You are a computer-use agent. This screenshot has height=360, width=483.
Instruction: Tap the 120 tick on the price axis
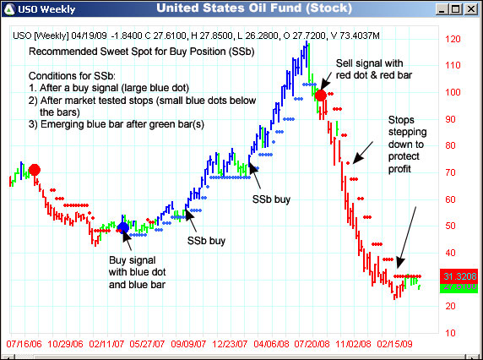453,40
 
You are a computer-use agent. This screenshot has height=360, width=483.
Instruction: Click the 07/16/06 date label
25,346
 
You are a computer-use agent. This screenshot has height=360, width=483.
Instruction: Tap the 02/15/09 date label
395,346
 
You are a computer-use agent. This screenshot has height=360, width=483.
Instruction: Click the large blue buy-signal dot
123,227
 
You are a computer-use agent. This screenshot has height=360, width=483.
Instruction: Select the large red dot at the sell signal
321,95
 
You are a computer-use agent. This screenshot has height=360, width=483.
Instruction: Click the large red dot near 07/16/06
35,170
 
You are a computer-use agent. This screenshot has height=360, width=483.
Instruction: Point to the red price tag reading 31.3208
457,276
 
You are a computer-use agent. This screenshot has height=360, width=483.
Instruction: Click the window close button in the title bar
471,9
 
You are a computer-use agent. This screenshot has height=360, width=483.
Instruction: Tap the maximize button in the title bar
457,9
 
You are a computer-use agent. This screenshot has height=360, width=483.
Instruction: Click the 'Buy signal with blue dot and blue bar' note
136,272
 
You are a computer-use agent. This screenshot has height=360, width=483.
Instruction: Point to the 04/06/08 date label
272,346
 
